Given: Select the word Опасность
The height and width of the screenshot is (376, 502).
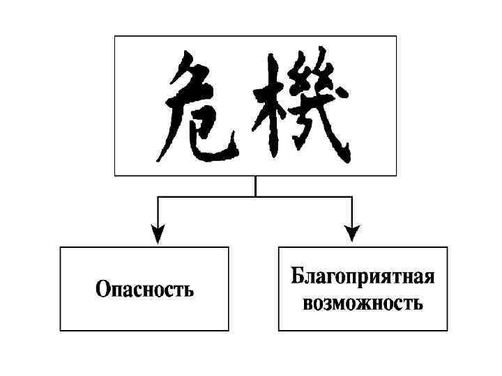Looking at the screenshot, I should (x=144, y=289).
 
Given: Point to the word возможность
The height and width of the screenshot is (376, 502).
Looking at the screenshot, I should (x=363, y=304).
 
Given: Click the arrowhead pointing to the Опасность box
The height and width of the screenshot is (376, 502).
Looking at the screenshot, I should (x=159, y=233).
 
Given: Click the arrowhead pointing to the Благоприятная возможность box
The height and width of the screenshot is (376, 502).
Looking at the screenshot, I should (x=352, y=233).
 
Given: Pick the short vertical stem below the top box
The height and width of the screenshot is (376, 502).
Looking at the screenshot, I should (x=255, y=186).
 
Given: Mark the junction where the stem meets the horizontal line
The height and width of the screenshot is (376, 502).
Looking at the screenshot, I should (x=255, y=197).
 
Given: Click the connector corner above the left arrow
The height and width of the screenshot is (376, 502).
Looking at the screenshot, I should (x=159, y=197).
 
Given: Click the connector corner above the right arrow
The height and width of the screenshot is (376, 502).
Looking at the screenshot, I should (x=352, y=197).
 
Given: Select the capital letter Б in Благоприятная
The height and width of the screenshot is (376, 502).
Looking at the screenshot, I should (x=297, y=278).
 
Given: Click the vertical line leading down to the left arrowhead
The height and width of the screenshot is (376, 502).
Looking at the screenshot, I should (x=159, y=212).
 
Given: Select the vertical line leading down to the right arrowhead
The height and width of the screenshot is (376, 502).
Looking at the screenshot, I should (x=352, y=212).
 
